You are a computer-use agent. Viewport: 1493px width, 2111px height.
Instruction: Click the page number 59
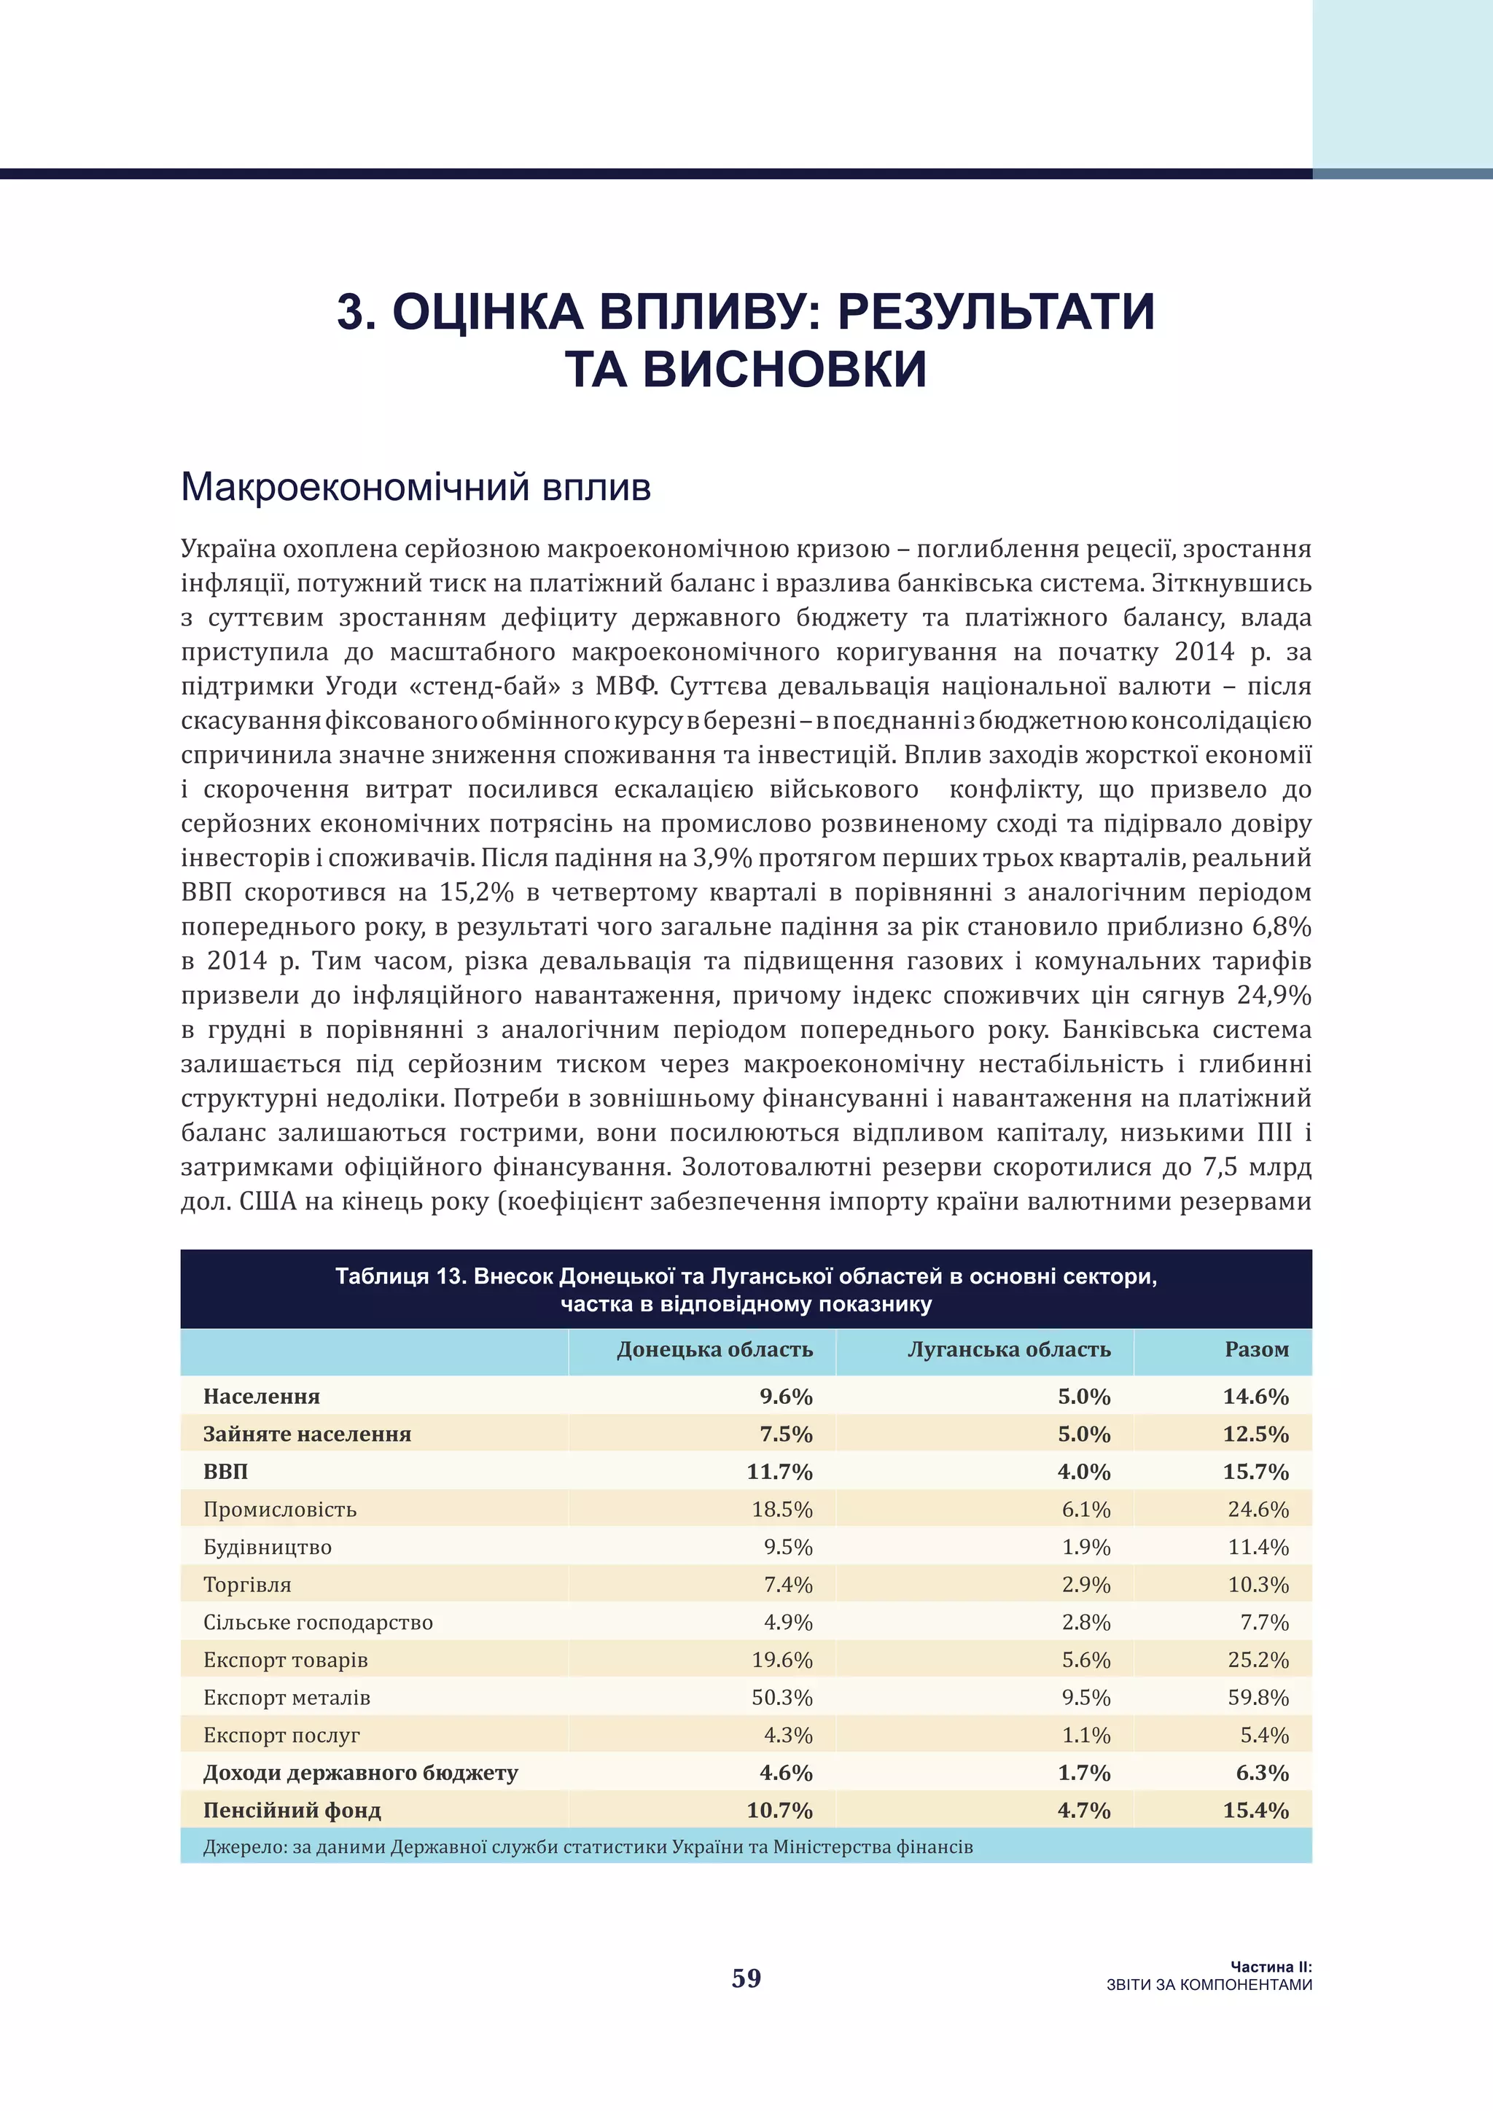(x=746, y=1978)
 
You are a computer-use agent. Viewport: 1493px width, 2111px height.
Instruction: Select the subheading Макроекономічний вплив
(x=416, y=486)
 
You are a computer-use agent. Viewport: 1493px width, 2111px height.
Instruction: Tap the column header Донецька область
(x=714, y=1350)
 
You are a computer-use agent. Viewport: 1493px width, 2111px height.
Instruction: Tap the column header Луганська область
(x=1008, y=1350)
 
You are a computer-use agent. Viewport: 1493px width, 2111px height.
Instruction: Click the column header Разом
(x=1256, y=1350)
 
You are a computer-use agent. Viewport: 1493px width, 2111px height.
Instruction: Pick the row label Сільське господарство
(x=318, y=1622)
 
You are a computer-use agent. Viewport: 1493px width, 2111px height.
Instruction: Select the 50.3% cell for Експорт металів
(x=781, y=1697)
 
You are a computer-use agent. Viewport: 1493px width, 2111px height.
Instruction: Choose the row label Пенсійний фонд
(x=292, y=1811)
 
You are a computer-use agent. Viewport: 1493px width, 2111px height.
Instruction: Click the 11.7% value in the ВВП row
(x=779, y=1471)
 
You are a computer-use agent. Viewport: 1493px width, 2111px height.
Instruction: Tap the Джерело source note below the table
(x=588, y=1847)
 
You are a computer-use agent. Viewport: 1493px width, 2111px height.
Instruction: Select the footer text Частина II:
(x=1271, y=1967)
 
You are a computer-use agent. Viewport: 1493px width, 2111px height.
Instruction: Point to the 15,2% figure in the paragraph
(x=476, y=891)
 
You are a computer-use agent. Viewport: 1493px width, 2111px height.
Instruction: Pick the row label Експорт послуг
(x=281, y=1735)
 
